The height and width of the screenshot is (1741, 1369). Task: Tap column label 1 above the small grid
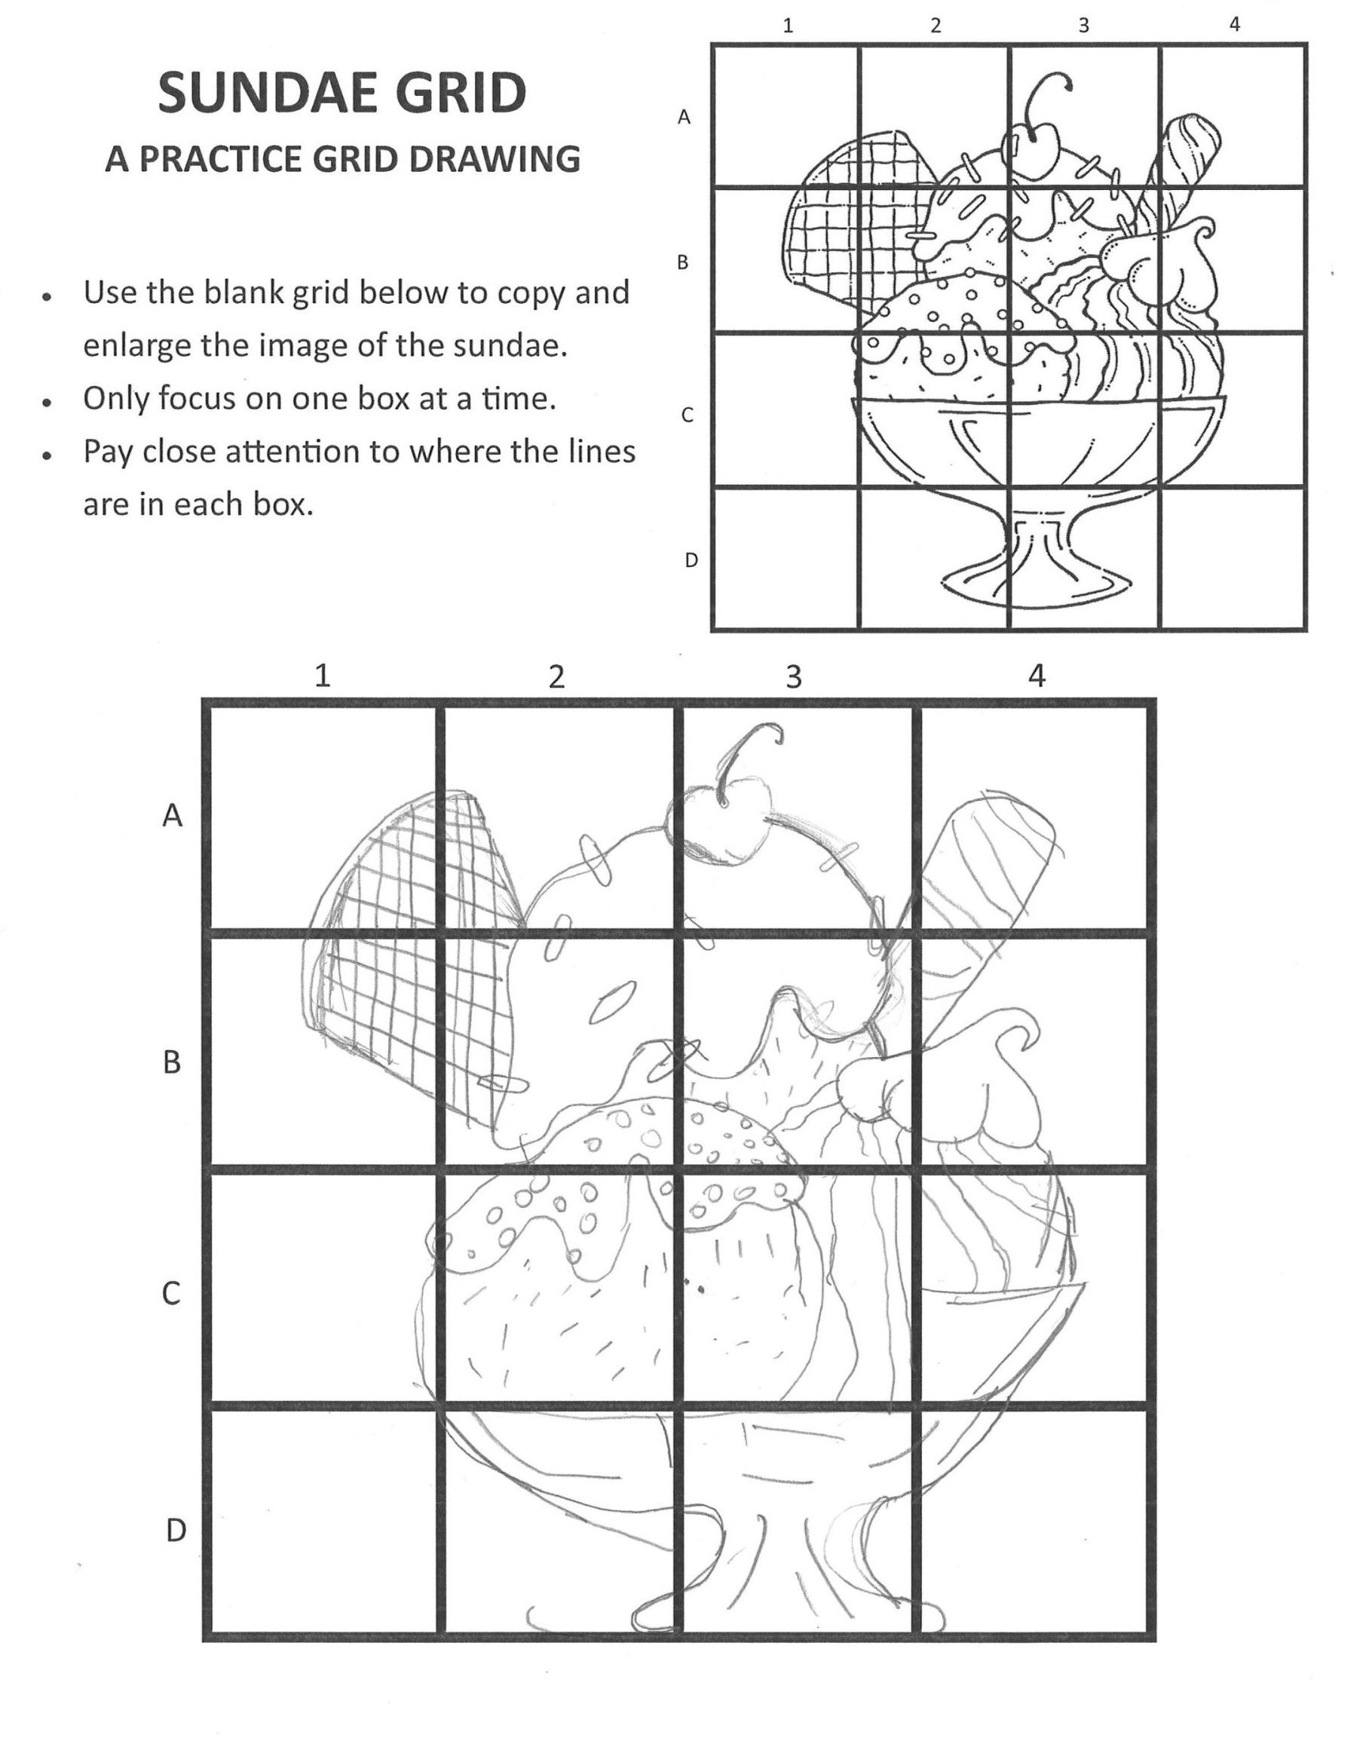(x=788, y=26)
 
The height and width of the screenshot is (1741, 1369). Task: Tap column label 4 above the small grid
(x=1234, y=25)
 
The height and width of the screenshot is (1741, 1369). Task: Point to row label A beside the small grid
(x=684, y=117)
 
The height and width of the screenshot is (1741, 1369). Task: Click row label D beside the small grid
(x=691, y=560)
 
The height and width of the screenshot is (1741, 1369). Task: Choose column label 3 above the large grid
(x=793, y=677)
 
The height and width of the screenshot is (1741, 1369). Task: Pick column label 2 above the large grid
(x=556, y=677)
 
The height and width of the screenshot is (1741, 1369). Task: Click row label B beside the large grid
(x=172, y=1063)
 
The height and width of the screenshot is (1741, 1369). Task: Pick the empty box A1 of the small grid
(x=785, y=115)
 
